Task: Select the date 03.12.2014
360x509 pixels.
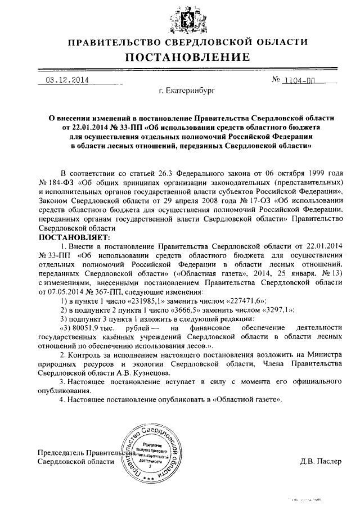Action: click(67, 80)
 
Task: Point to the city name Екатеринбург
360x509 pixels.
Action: click(187, 90)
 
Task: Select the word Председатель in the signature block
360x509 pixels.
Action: click(58, 452)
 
